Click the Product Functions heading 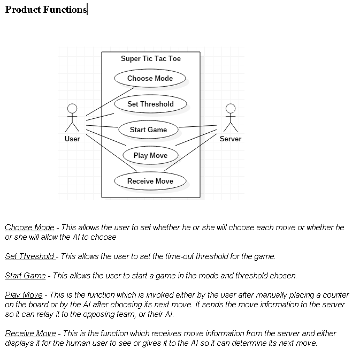46,10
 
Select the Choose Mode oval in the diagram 150,78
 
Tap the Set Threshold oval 150,104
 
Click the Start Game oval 148,130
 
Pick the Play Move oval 150,155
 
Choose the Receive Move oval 150,181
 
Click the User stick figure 72,117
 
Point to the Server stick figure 231,117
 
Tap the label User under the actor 72,139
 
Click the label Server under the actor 231,139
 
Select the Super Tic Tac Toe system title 151,59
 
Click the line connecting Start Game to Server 198,127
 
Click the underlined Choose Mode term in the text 29,227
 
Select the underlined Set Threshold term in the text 30,256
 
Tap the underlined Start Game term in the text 25,276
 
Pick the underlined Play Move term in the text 24,295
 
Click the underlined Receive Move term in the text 30,333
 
